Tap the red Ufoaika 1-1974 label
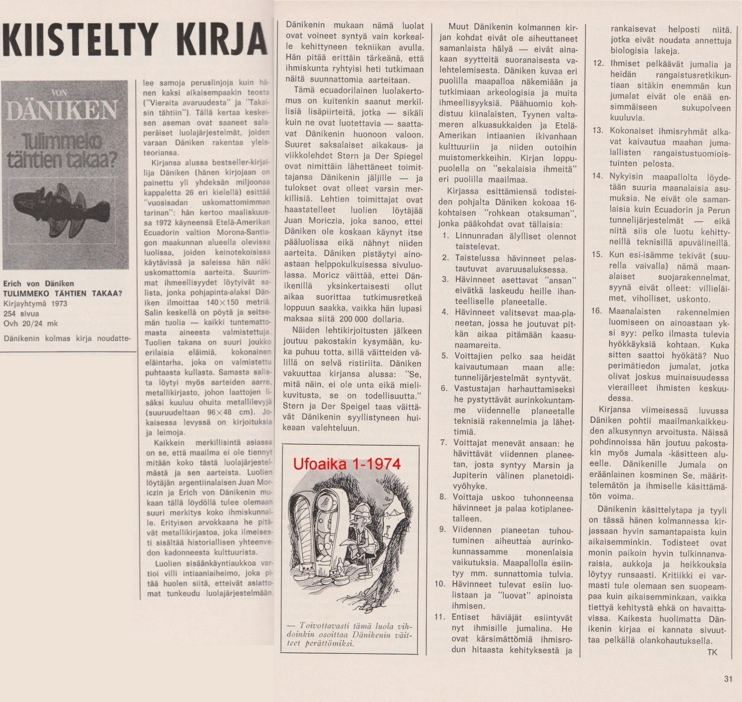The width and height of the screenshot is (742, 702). [x=347, y=464]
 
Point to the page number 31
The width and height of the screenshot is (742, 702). [x=728, y=679]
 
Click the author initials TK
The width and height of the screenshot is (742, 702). [x=712, y=652]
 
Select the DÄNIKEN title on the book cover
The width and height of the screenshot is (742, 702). [x=62, y=110]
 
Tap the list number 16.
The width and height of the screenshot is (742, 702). [x=597, y=311]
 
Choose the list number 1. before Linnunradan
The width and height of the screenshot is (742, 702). [x=446, y=236]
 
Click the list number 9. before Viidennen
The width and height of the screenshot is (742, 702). [x=443, y=529]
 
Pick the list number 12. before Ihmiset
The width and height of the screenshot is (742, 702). [x=598, y=63]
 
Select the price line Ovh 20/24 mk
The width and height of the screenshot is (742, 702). [x=30, y=323]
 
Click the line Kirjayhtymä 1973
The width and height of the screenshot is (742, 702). [x=35, y=303]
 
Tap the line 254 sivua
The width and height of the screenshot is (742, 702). [x=21, y=313]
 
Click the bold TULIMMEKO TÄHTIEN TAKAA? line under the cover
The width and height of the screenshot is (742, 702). [x=62, y=293]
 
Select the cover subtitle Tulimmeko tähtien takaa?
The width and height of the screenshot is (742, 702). [x=62, y=151]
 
